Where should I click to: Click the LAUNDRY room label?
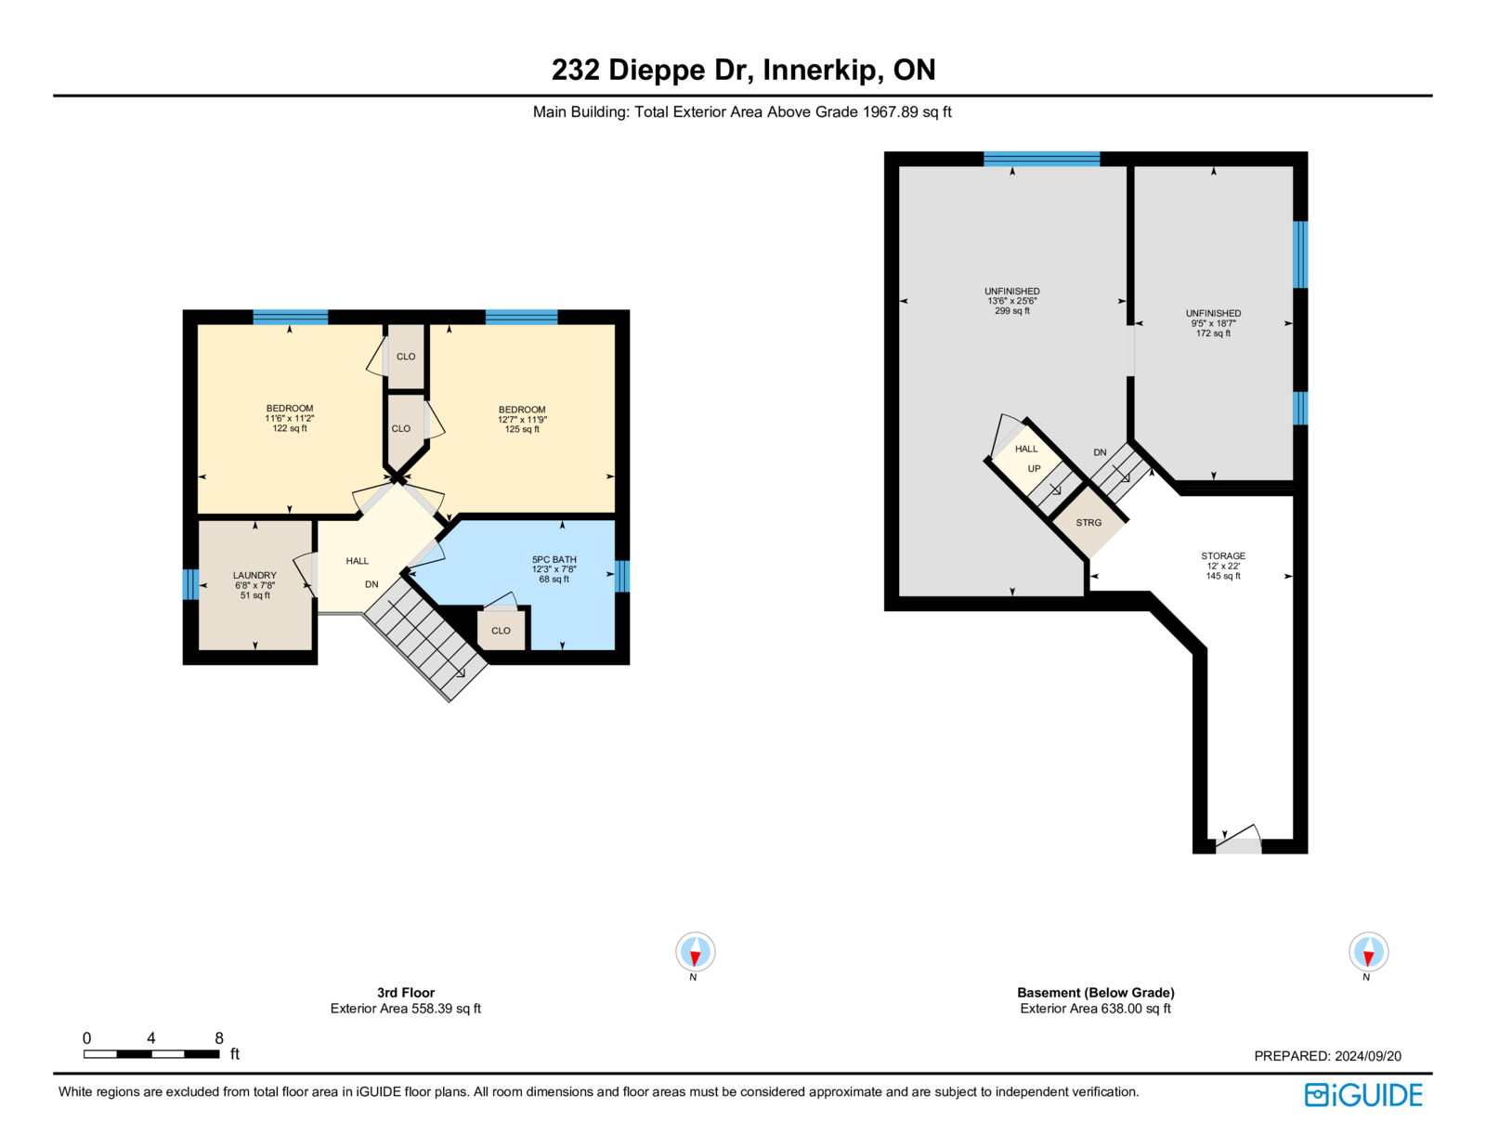coord(254,585)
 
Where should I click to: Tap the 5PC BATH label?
coord(554,568)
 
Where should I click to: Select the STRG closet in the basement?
coord(1088,522)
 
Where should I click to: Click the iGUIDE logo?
coord(1362,1095)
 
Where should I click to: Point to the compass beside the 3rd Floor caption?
coord(695,951)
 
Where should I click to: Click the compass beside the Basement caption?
coord(1368,951)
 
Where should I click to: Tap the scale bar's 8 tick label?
coord(219,1037)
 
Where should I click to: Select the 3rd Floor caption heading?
coord(406,992)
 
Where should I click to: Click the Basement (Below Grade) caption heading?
coord(1096,992)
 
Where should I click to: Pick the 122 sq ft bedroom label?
coord(289,418)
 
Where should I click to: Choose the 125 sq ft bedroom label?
coord(522,419)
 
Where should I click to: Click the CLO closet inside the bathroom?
coord(501,630)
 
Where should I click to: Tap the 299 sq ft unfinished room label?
coord(1012,301)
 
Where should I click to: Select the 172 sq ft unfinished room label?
coord(1213,323)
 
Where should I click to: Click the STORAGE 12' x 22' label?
coord(1223,567)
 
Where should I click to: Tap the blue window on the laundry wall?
coord(190,584)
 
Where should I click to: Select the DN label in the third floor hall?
coord(371,584)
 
